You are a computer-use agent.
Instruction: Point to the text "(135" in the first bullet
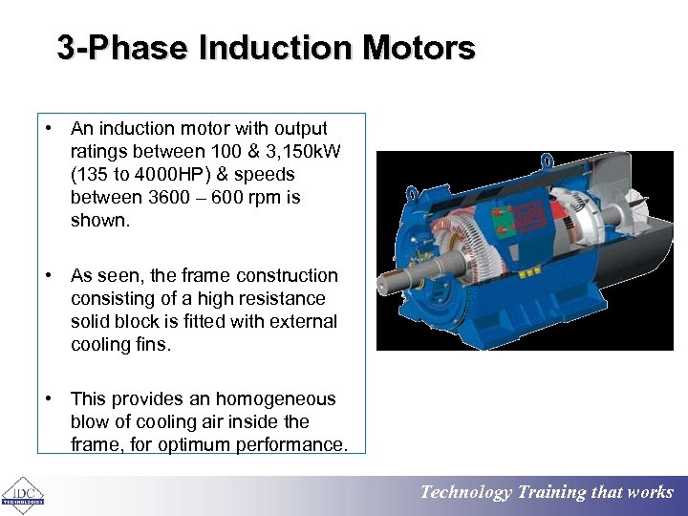click(x=89, y=175)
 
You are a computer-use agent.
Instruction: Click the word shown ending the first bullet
click(x=97, y=221)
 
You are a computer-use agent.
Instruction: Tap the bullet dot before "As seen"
click(x=47, y=275)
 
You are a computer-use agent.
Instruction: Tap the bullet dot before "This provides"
click(x=47, y=398)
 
